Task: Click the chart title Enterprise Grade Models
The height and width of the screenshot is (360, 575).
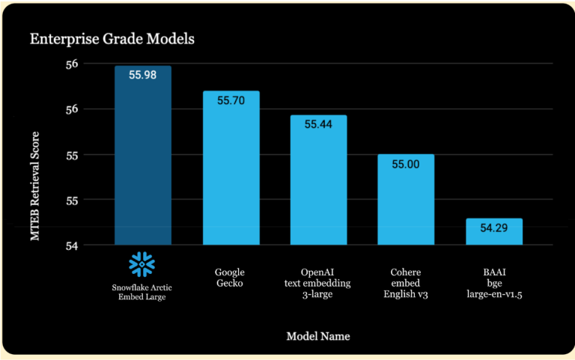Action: tap(112, 39)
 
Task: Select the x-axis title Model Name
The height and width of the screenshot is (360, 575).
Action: tap(317, 336)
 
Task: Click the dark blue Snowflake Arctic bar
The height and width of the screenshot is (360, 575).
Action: tap(142, 165)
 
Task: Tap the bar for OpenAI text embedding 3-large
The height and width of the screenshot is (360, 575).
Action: tap(318, 187)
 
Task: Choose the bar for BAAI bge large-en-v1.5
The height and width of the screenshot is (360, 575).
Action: tap(493, 234)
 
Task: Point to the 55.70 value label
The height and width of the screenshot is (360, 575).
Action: tap(231, 100)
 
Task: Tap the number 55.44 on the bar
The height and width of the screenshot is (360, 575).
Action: tap(318, 124)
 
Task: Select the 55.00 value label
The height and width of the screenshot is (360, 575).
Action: tap(405, 163)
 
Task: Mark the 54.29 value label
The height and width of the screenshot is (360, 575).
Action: tap(493, 228)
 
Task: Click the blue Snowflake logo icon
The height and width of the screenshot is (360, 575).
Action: tap(142, 263)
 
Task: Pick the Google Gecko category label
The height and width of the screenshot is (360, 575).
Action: tap(230, 278)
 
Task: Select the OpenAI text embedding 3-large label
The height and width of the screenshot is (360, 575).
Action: tap(318, 283)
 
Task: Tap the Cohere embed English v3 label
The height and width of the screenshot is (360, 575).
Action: tap(405, 283)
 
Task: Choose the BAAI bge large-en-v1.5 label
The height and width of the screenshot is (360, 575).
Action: tap(493, 283)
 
